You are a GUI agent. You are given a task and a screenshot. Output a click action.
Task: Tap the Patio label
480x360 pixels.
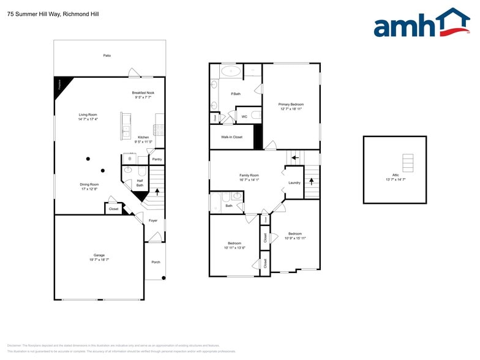(107, 56)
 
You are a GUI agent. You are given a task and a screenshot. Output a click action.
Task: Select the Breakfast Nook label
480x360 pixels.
(143, 92)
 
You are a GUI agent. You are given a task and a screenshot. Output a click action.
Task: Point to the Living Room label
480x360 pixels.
(88, 114)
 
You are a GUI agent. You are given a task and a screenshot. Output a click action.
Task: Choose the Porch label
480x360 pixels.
(156, 262)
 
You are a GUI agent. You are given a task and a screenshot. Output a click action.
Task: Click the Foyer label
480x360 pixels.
(153, 220)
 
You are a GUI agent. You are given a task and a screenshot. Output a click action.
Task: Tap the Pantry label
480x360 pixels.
(157, 159)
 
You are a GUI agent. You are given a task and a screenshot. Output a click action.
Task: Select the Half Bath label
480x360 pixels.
(140, 182)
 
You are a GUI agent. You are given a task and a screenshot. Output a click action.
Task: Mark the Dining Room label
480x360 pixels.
(89, 184)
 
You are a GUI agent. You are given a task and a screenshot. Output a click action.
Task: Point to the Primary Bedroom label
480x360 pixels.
(291, 104)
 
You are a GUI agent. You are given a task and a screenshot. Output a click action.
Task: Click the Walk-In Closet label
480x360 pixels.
(231, 137)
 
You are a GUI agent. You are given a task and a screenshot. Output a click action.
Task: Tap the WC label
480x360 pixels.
(244, 116)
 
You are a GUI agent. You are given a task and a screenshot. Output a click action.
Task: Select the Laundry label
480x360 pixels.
(294, 182)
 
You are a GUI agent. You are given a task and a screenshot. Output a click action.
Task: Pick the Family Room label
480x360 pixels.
(249, 175)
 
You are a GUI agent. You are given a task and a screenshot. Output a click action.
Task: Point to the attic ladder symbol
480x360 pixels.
(408, 163)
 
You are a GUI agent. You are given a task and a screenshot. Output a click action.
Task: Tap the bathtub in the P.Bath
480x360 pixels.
(231, 71)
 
